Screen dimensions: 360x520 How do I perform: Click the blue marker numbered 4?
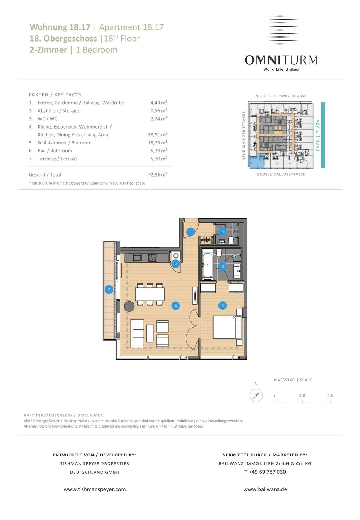tap(175, 306)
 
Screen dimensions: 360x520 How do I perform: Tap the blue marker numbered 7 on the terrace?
tap(109, 290)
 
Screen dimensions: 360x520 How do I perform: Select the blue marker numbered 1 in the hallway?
tap(191, 232)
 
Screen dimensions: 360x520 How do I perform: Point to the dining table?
tap(150, 294)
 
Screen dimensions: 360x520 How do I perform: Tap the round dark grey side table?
tap(129, 306)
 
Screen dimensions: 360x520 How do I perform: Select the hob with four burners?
tap(153, 258)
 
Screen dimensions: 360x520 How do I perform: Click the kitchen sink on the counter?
tap(137, 258)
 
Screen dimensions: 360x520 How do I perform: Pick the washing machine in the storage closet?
tap(176, 256)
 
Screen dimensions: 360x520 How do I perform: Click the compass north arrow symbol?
tap(256, 395)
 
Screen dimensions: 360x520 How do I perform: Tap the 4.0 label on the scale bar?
tap(330, 395)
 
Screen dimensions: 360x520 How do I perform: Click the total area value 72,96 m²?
tap(157, 174)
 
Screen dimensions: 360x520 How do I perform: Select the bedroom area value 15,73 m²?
tap(157, 143)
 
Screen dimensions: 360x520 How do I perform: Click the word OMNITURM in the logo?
tap(281, 60)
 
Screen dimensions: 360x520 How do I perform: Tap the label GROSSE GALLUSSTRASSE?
tap(281, 174)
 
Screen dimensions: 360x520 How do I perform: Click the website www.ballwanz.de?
tap(265, 489)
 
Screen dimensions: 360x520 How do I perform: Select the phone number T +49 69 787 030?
tap(265, 472)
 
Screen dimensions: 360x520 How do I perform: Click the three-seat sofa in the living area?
tap(138, 334)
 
